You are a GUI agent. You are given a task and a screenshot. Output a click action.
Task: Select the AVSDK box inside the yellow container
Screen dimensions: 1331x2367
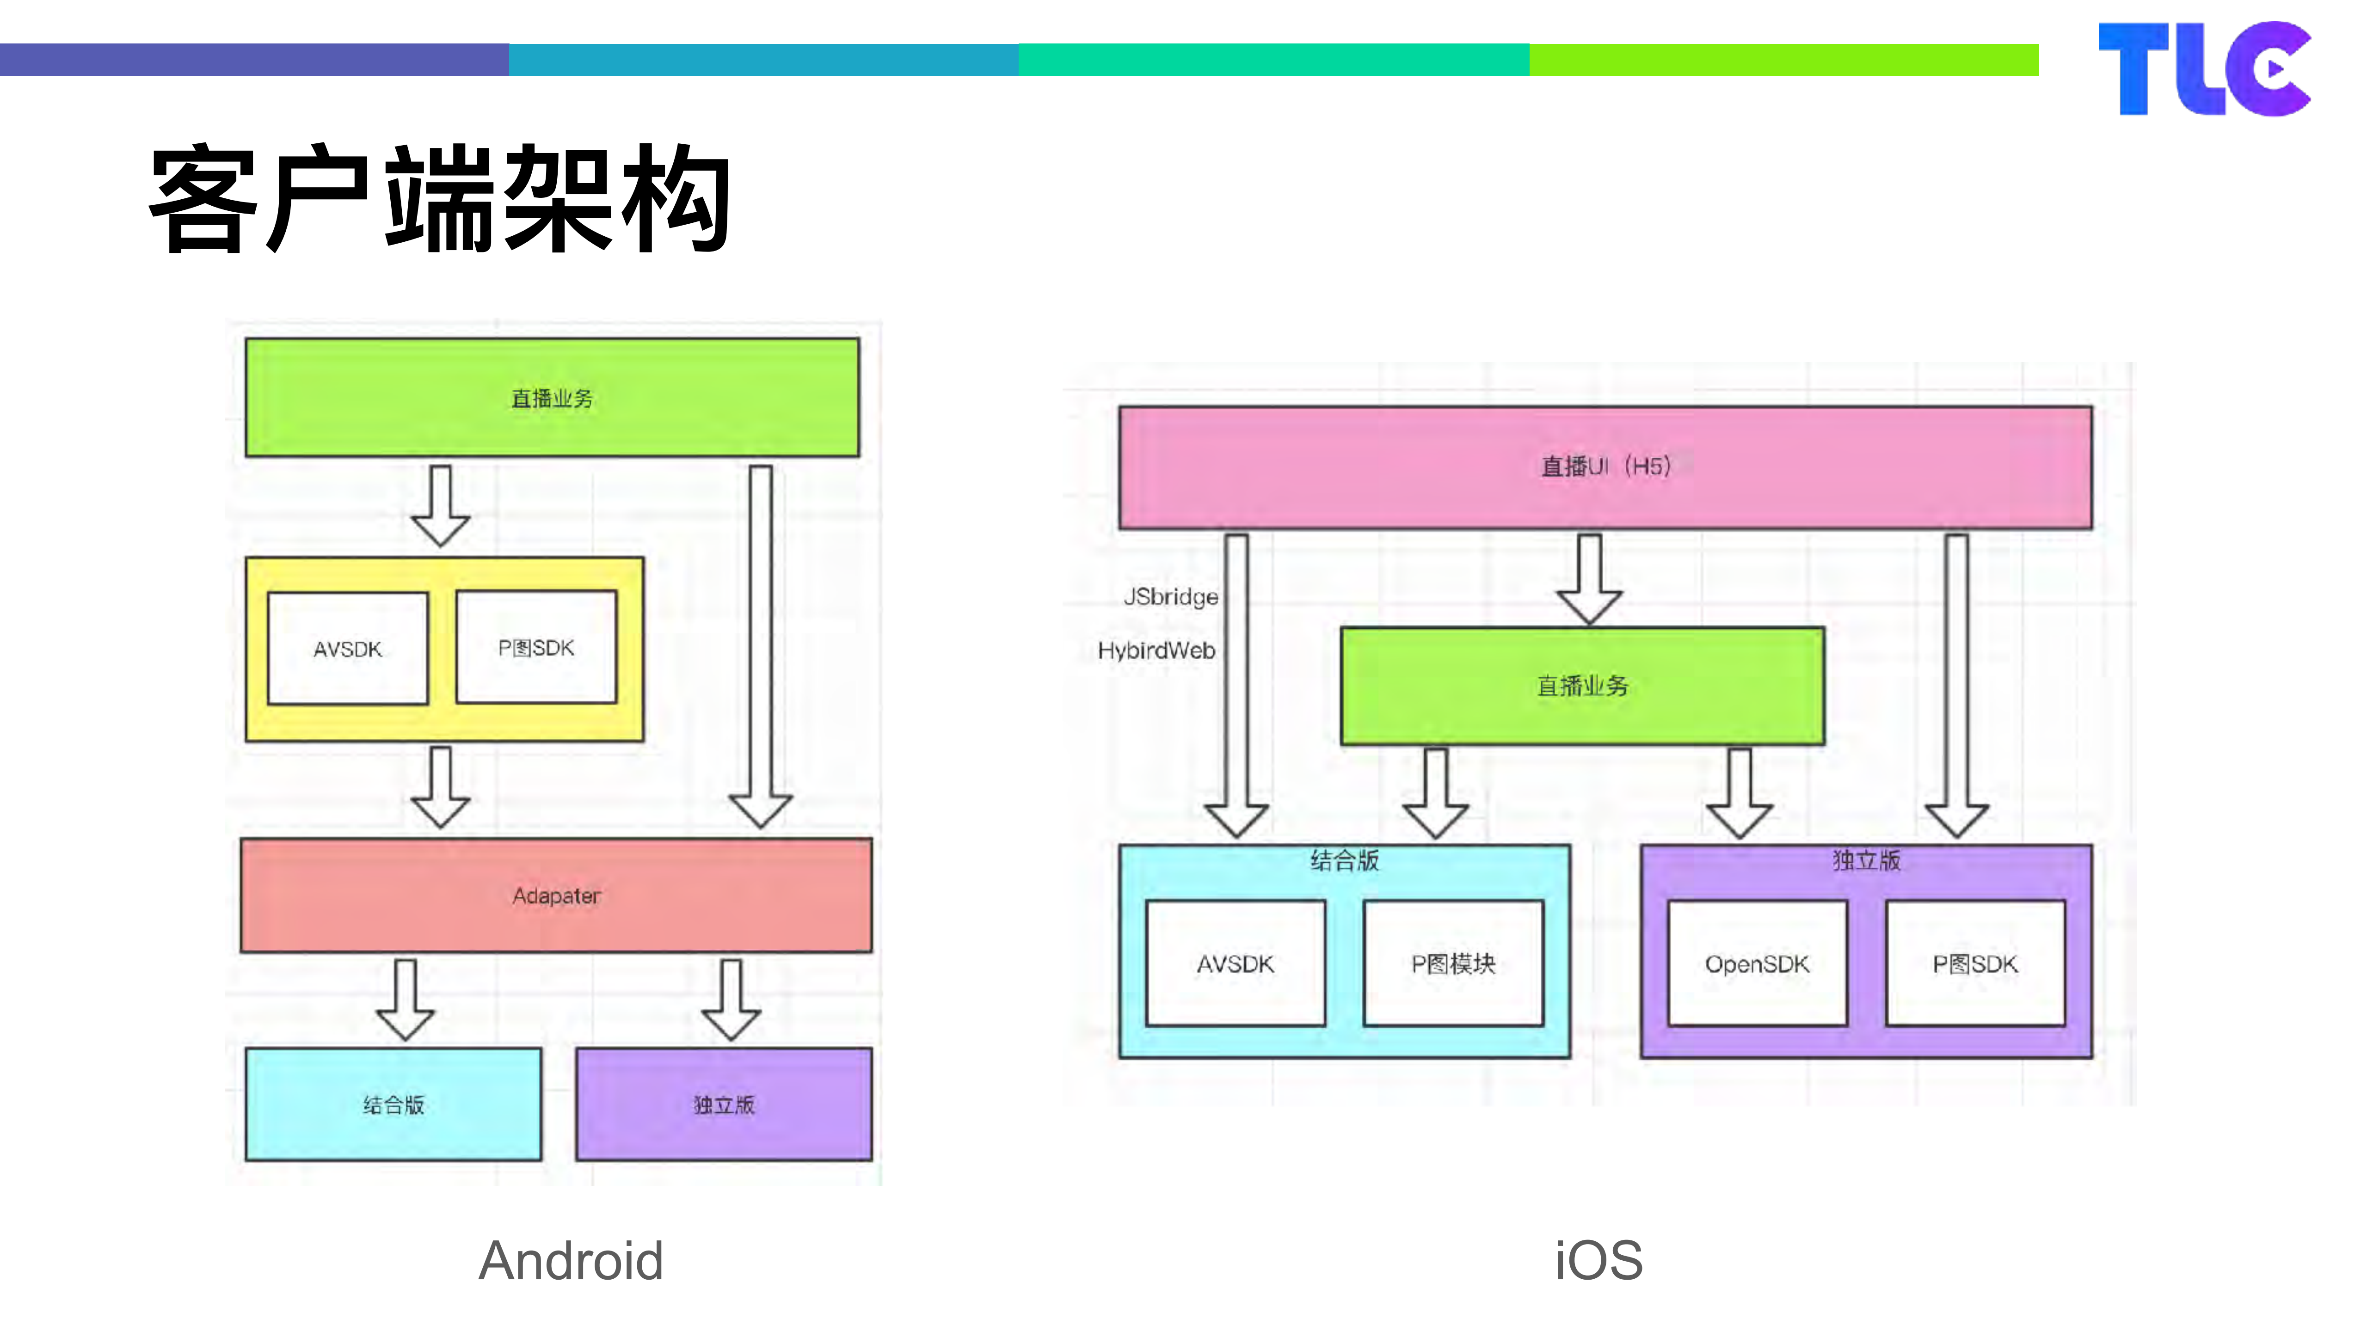point(347,649)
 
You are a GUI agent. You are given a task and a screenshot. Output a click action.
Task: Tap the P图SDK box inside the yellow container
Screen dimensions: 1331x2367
point(536,648)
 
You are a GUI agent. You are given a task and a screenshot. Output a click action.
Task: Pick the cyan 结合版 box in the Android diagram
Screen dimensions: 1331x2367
point(393,1104)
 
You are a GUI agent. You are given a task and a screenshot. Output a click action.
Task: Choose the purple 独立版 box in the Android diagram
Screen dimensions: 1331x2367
point(724,1104)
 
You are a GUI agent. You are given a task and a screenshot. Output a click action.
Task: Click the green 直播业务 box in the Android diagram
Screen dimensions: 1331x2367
point(551,398)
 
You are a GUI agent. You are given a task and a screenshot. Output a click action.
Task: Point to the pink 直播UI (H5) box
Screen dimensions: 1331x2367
point(1605,466)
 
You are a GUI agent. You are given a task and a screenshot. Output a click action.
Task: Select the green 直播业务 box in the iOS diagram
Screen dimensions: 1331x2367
point(1582,685)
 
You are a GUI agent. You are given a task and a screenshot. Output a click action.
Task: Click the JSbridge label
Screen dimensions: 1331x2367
point(1171,597)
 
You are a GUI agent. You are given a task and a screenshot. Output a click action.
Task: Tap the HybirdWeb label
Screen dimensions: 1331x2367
point(1156,650)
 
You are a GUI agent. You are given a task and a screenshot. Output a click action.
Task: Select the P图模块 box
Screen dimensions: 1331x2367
point(1453,963)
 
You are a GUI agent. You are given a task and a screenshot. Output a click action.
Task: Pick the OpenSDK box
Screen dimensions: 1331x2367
point(1757,963)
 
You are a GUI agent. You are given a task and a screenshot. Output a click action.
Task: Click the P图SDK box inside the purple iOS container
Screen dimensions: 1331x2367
point(1974,963)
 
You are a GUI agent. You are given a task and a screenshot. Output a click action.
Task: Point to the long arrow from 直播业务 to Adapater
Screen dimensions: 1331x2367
point(760,643)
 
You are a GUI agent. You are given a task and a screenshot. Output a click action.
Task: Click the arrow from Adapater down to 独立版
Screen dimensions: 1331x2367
point(731,1000)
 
